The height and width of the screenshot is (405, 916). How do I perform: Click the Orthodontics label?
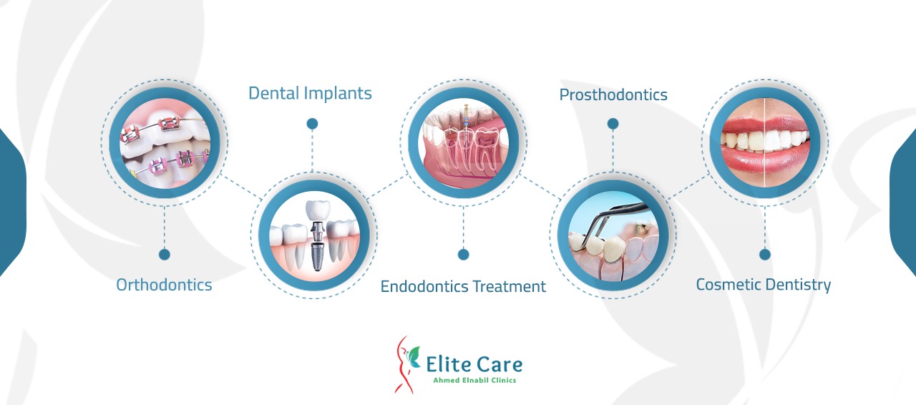coord(164,285)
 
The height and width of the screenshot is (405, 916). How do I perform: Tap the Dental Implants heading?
coord(310,93)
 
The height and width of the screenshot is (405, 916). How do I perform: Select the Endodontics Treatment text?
coord(463,286)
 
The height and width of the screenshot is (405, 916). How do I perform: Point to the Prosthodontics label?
coord(613,95)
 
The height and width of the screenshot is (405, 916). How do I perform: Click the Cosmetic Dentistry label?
coord(764,285)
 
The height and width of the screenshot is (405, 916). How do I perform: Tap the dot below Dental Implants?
coord(312,124)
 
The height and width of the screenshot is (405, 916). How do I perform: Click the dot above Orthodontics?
coord(165,255)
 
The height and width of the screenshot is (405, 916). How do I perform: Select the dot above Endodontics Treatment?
coord(463,255)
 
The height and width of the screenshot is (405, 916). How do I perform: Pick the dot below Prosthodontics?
coord(613,124)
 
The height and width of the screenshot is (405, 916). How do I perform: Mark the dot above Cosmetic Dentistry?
coord(765,255)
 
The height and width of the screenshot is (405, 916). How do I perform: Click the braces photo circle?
coord(165,143)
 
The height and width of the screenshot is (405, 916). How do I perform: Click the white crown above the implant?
coord(318,210)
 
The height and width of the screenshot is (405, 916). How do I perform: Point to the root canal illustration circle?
coord(463,143)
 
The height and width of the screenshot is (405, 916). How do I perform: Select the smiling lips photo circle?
coord(765,143)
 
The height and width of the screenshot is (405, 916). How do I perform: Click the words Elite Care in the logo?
coord(474,364)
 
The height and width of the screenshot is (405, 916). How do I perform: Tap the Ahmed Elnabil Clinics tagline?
coord(474,380)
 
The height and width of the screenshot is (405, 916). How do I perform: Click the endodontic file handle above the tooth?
coord(466,112)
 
